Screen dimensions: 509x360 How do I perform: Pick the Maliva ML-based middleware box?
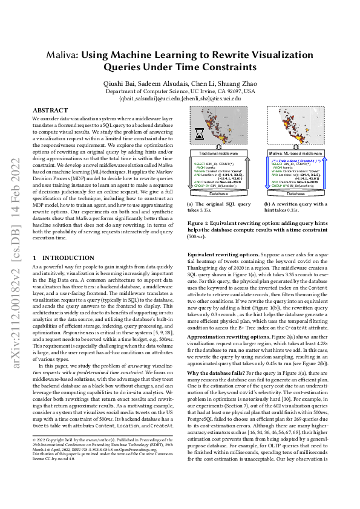pos(295,154)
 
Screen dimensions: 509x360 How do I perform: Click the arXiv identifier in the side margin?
pos(13,242)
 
